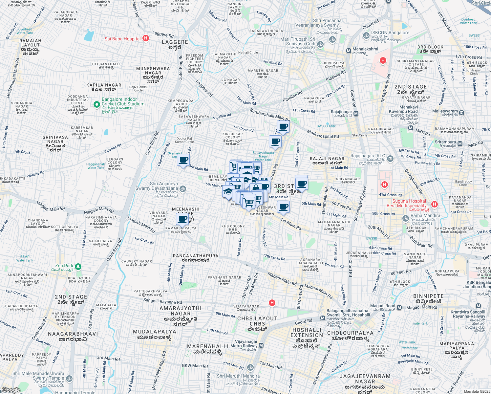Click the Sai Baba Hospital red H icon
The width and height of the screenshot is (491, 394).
click(146, 38)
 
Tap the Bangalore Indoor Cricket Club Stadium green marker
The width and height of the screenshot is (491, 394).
click(96, 104)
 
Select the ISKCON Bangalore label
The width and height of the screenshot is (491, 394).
click(390, 33)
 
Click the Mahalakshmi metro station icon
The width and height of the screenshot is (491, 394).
click(349, 51)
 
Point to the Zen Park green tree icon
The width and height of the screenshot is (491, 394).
click(78, 266)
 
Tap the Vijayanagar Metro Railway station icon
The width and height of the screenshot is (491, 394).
click(261, 345)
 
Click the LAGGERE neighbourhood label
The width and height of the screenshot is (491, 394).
click(175, 42)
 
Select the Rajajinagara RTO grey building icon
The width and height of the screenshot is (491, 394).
click(390, 159)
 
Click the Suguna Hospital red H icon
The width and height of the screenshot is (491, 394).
click(435, 204)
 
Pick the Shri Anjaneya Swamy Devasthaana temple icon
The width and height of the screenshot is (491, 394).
click(183, 189)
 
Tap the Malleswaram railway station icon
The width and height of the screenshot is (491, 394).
click(462, 113)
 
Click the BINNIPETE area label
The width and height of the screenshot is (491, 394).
click(428, 296)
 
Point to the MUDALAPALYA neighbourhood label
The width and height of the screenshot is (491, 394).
click(154, 332)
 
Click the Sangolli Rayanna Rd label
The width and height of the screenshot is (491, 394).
click(162, 301)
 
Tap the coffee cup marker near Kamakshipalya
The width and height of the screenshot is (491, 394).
click(183, 219)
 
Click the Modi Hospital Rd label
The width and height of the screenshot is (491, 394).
click(323, 134)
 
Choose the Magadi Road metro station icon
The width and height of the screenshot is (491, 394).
click(399, 308)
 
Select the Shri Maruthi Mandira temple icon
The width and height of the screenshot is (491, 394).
click(250, 367)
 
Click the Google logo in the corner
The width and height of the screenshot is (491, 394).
click(11, 390)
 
